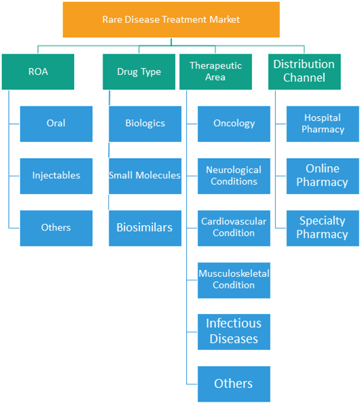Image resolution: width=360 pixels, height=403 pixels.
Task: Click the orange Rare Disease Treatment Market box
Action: pyautogui.click(x=171, y=20)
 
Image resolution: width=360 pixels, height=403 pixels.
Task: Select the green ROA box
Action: pyautogui.click(x=38, y=72)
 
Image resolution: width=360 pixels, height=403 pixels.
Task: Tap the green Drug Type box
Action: pyautogui.click(x=139, y=72)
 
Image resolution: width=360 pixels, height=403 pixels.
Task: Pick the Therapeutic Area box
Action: pyautogui.click(x=215, y=72)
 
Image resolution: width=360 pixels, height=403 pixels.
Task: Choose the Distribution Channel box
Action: pyautogui.click(x=304, y=72)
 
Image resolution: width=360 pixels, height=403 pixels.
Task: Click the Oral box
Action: pyautogui.click(x=56, y=124)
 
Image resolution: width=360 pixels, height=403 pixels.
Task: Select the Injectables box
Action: pyautogui.click(x=56, y=176)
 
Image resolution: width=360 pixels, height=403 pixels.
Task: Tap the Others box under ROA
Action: pyautogui.click(x=56, y=228)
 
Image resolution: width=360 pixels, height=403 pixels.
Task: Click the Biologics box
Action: pyautogui.click(x=145, y=124)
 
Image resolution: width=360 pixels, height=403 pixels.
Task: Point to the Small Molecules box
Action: pyautogui.click(x=145, y=176)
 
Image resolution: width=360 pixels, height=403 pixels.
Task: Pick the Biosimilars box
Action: pyautogui.click(x=145, y=228)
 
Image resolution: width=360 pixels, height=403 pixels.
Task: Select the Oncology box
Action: pyautogui.click(x=234, y=124)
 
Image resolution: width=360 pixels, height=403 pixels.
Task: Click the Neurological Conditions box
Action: pyautogui.click(x=234, y=176)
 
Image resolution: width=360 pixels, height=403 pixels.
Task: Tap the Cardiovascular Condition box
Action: pyautogui.click(x=234, y=228)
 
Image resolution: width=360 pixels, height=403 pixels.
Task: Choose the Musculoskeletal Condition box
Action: pyautogui.click(x=234, y=280)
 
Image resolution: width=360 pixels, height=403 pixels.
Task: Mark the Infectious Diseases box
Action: pyautogui.click(x=234, y=332)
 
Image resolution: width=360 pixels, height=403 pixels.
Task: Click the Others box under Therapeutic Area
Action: pyautogui.click(x=234, y=384)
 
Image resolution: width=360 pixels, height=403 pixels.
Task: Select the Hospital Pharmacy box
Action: pyautogui.click(x=323, y=124)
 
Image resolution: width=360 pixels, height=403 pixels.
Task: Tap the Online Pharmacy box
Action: pyautogui.click(x=323, y=176)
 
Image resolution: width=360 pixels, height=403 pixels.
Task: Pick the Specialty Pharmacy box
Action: pyautogui.click(x=323, y=228)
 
